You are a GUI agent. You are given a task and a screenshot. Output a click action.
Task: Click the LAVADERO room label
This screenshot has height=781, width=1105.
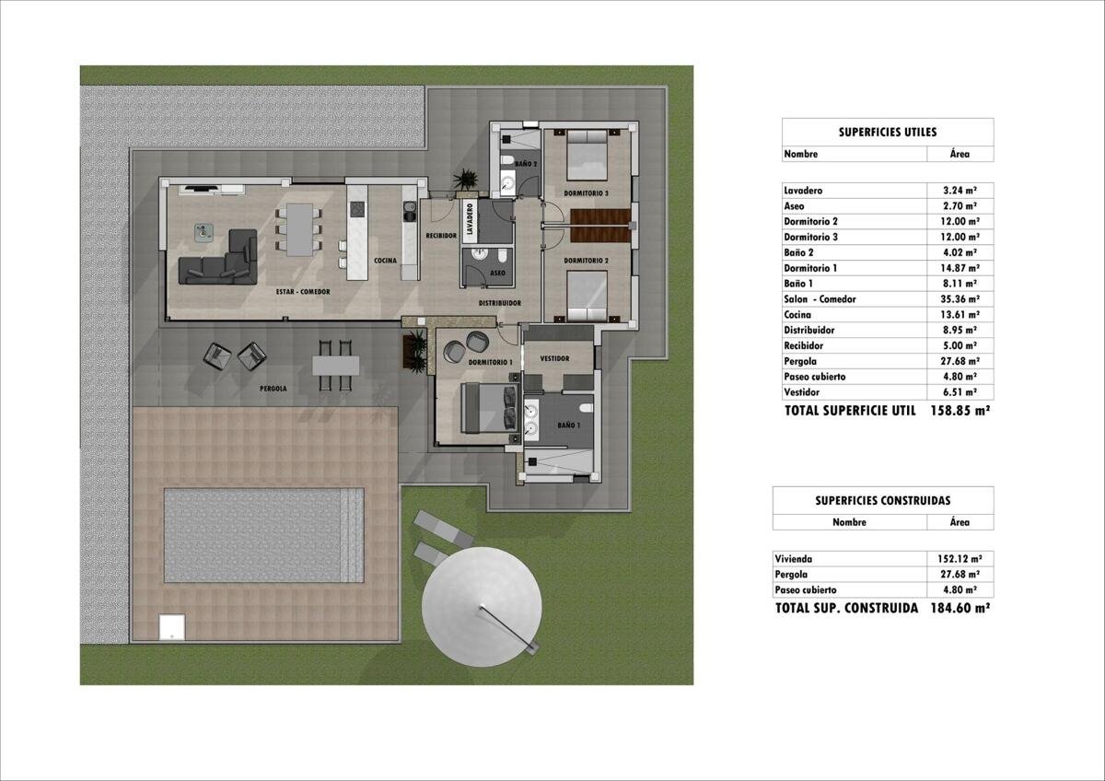click(470, 218)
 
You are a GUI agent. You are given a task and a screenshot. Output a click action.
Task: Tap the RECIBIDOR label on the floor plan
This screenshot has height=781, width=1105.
click(441, 236)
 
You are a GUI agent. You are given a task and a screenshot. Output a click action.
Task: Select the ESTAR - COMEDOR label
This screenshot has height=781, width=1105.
click(303, 292)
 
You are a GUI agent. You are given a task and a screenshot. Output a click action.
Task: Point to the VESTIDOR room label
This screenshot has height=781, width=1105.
click(555, 358)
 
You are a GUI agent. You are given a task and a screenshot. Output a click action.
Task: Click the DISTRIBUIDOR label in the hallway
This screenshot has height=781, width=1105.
click(500, 303)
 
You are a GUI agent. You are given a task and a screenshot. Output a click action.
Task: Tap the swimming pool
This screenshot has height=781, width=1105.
click(264, 535)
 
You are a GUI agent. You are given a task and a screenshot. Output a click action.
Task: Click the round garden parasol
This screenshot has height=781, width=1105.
click(482, 606)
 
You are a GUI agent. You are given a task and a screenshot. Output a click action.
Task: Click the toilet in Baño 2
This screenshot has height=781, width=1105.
click(506, 160)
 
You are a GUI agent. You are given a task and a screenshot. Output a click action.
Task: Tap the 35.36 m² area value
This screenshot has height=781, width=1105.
click(960, 299)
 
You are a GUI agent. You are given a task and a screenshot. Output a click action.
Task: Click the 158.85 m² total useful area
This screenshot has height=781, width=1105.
click(960, 411)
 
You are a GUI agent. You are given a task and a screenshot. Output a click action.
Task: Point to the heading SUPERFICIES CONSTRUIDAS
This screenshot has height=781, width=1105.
click(882, 501)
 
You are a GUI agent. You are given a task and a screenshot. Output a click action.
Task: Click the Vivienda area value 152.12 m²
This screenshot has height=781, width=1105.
click(960, 559)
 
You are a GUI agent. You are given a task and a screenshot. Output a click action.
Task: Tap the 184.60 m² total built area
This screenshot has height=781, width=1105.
click(960, 608)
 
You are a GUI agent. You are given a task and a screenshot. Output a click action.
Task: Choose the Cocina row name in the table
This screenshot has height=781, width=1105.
click(797, 315)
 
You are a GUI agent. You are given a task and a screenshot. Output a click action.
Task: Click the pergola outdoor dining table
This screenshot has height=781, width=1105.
click(335, 366)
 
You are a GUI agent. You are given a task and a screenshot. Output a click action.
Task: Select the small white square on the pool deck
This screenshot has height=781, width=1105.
click(171, 626)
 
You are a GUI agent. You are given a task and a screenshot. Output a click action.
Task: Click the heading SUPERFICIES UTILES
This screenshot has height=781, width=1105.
click(888, 133)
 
